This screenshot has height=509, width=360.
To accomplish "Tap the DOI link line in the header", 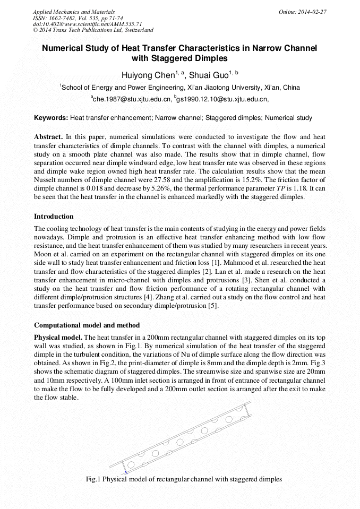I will pyautogui.click(x=87, y=24).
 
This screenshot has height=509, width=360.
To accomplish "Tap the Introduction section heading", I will pyautogui.click(x=54, y=217).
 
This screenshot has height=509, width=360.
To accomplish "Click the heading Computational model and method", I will pyautogui.click(x=87, y=325).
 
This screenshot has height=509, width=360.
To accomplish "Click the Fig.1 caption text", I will pyautogui.click(x=184, y=479).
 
